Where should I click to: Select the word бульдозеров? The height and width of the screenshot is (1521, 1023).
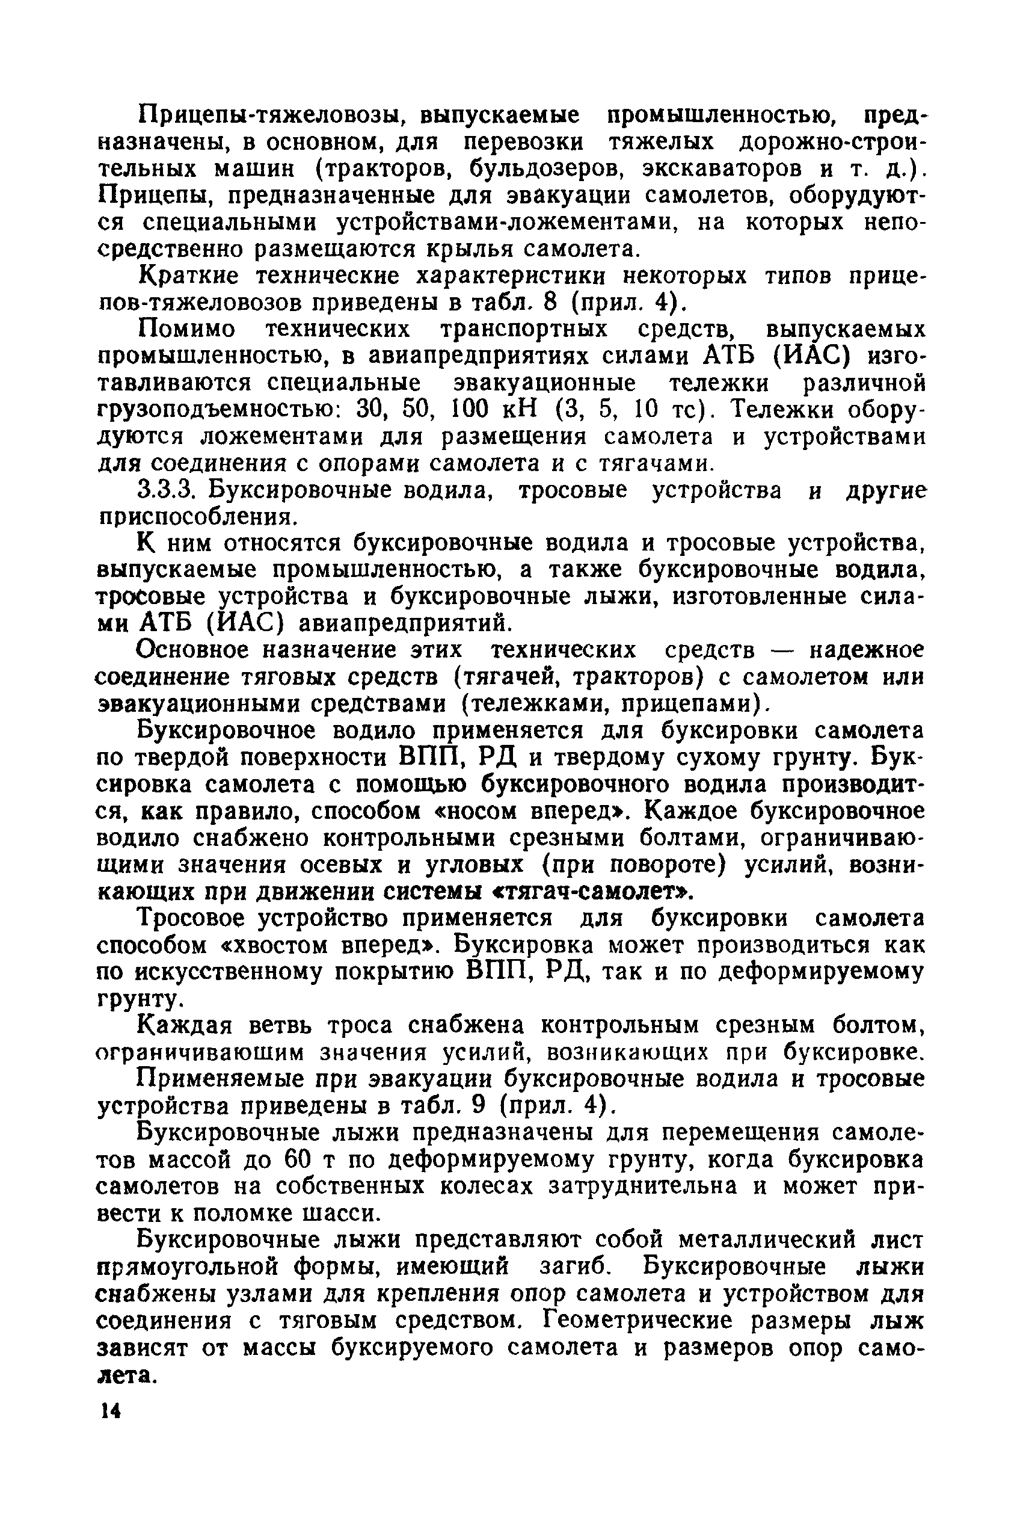pyautogui.click(x=541, y=169)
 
